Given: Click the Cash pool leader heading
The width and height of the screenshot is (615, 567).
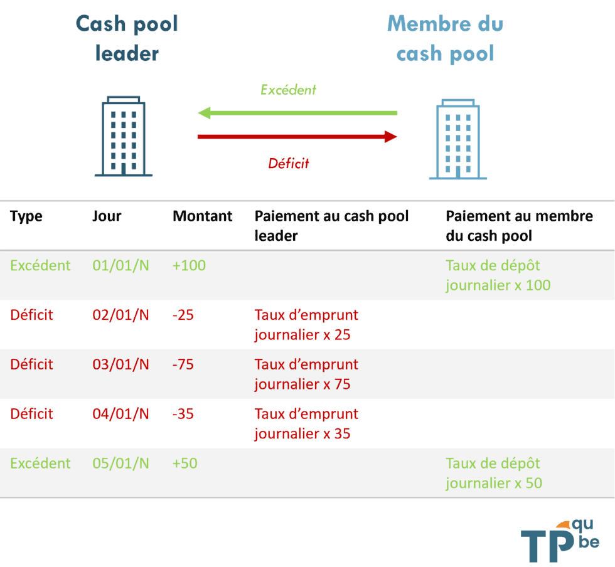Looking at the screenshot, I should pos(127,39).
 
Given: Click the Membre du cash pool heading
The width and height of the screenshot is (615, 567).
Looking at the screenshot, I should pos(445,39).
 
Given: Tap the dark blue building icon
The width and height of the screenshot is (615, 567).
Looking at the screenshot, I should pos(123,136).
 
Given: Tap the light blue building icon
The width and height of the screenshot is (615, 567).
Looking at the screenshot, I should pos(457,139).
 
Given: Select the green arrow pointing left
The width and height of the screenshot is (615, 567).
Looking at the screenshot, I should pos(297,113).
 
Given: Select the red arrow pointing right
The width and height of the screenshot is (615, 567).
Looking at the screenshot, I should pos(297,136).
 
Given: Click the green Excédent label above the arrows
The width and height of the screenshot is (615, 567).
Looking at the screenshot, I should pos(288,90).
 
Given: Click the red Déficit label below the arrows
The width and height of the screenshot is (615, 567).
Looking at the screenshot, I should pos(288,164).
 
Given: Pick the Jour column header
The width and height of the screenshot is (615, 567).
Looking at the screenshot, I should pos(107,216).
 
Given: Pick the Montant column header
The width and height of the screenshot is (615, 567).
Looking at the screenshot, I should pos(202,216).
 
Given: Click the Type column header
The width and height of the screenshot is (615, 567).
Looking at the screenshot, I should pos(26,216).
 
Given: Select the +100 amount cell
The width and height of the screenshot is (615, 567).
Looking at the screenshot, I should pos(189,265).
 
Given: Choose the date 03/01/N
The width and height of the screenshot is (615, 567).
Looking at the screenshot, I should pos(120,364).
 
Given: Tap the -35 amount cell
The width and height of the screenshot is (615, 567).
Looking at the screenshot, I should pos(183,414).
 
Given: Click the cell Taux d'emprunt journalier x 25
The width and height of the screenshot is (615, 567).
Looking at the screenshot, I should pos(306,324).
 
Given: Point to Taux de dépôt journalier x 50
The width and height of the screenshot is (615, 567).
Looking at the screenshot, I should pos(493,473).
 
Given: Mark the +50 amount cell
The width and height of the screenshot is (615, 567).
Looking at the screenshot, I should pos(185,464).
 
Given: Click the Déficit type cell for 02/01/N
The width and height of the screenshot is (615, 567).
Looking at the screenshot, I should pos(31,315).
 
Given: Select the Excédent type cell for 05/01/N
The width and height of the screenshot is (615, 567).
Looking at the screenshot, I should pos(40,464).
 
